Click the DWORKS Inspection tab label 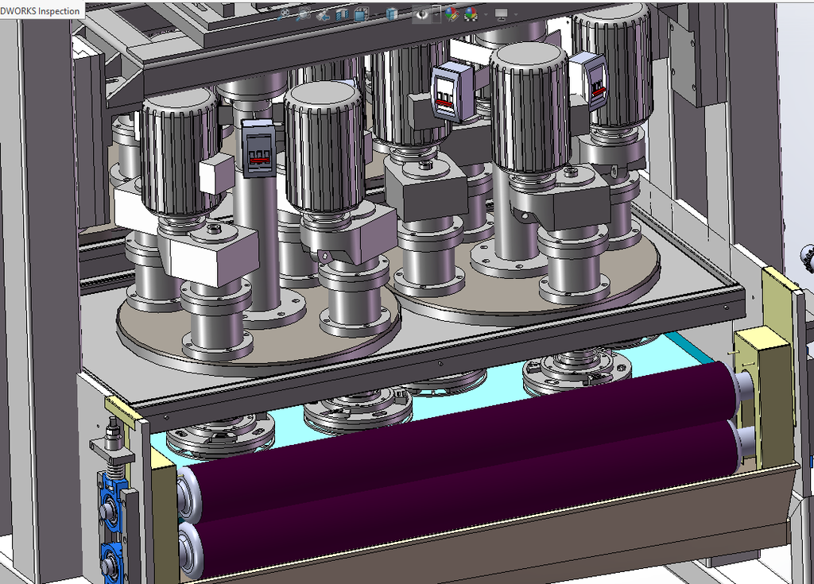coord(40,10)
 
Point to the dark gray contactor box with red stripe coord(258,148)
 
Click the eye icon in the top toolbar coord(421,14)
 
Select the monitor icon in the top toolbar coord(501,14)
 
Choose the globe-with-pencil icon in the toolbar coord(452,14)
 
